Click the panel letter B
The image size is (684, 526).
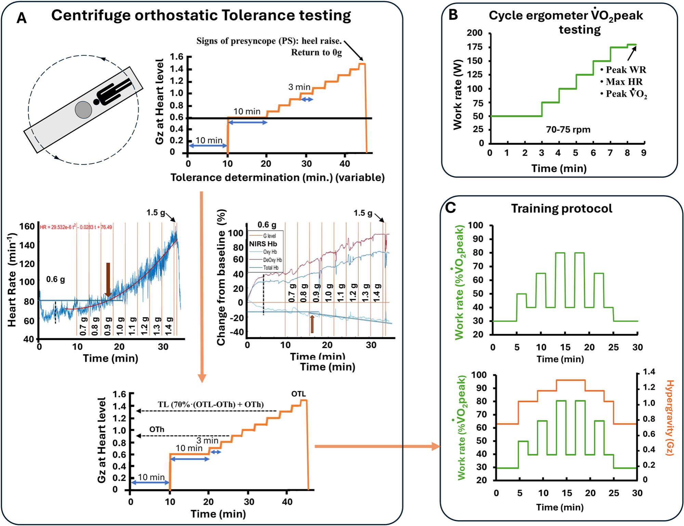click(x=453, y=15)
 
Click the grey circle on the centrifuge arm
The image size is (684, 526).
click(x=83, y=110)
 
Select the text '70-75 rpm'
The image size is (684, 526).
click(x=568, y=130)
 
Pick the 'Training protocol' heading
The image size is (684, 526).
click(x=562, y=208)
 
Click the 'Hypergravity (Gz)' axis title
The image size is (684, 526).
click(x=670, y=417)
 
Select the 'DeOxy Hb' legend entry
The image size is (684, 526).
click(x=272, y=260)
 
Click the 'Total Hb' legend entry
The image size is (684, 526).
click(x=271, y=268)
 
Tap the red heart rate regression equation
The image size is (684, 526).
click(x=76, y=227)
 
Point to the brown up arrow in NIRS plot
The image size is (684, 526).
click(x=312, y=324)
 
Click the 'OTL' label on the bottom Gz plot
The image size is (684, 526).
click(x=299, y=394)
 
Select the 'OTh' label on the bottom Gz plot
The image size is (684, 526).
click(x=157, y=429)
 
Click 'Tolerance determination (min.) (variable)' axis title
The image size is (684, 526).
click(x=277, y=178)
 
